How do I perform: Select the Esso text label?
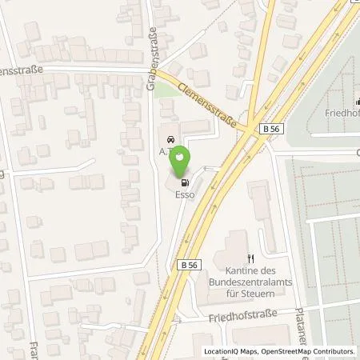pos(185,192)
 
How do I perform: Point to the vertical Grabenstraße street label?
pos(150,61)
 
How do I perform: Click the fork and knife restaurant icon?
pos(250,258)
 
